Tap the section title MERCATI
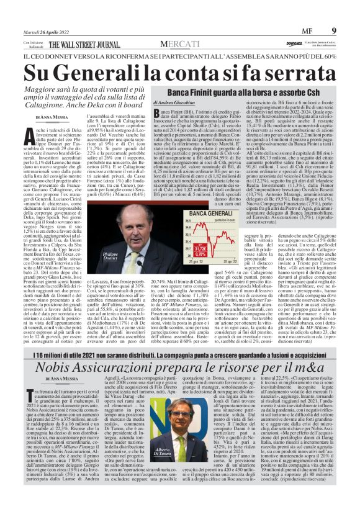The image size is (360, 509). (x=180, y=44)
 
